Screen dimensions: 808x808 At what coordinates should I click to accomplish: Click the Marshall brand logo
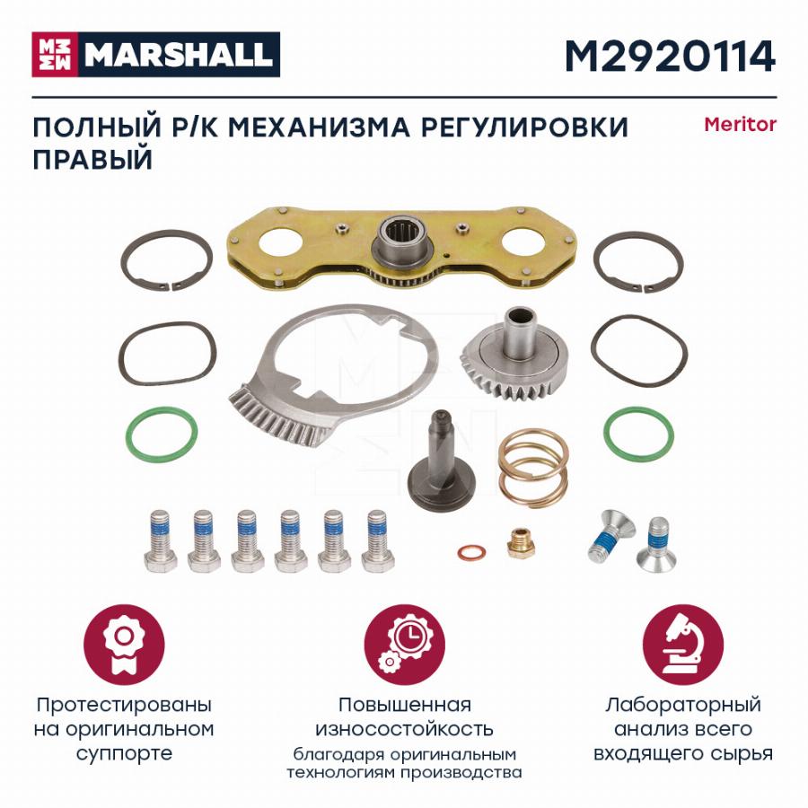[x=155, y=55]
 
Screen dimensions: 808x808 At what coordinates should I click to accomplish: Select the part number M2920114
[x=670, y=57]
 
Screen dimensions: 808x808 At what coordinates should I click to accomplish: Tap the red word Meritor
[x=740, y=125]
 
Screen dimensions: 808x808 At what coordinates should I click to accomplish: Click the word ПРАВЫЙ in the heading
[x=92, y=159]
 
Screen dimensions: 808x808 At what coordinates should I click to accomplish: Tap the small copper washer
[x=471, y=553]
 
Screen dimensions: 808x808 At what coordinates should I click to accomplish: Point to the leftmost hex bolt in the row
[x=161, y=540]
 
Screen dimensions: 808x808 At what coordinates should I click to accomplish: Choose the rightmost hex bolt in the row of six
[x=378, y=540]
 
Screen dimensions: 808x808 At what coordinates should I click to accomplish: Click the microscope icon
[x=683, y=645]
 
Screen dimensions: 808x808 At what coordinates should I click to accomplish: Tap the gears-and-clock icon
[x=405, y=645]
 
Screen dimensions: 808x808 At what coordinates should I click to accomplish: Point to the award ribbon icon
[x=124, y=645]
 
